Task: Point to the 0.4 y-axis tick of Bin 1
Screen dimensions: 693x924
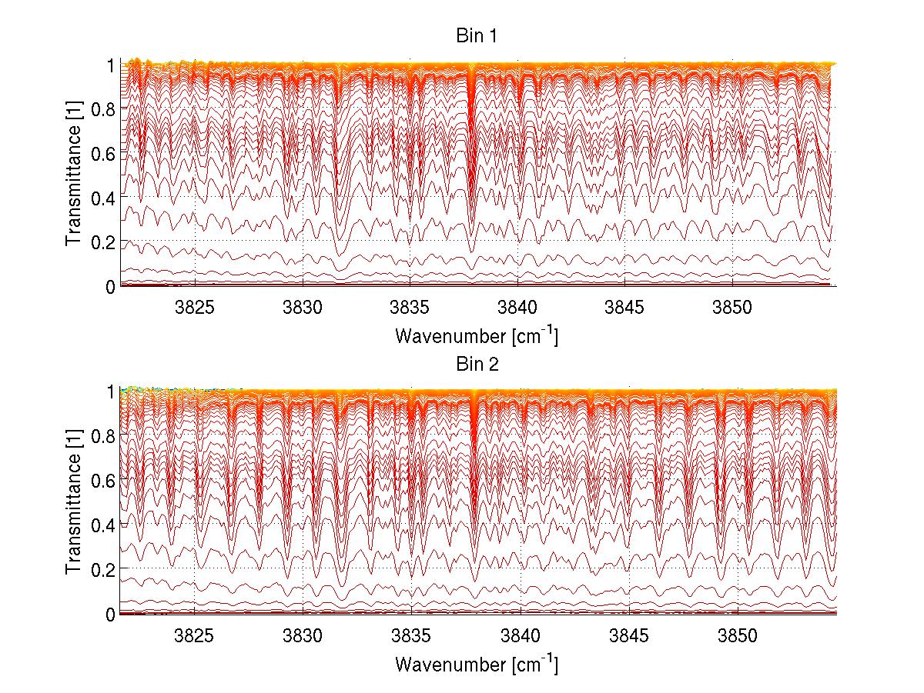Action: coord(102,198)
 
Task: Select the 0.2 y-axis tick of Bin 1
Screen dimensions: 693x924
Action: coord(102,242)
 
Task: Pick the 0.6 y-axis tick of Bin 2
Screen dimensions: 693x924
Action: coord(102,480)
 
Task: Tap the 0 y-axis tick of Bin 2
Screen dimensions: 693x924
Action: coord(109,614)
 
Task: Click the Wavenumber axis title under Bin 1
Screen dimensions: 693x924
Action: coord(477,336)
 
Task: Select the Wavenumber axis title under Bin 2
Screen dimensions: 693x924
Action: coord(477,664)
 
